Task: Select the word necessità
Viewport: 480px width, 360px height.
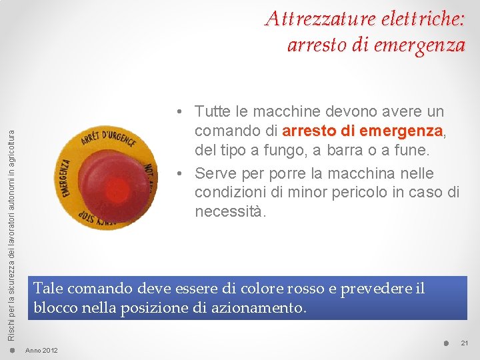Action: (x=230, y=212)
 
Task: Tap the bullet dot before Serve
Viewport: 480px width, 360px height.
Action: (x=180, y=173)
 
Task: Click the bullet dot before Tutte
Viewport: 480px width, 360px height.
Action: (x=180, y=111)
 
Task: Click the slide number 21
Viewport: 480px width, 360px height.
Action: (x=465, y=343)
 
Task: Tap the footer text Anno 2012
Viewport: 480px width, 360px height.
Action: (x=41, y=351)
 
